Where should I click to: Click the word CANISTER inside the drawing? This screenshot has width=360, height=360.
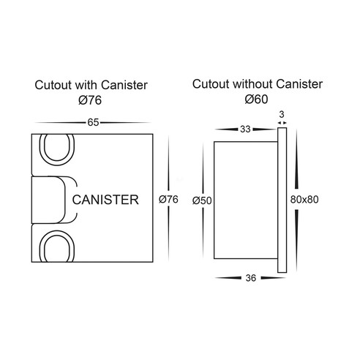coord(105,200)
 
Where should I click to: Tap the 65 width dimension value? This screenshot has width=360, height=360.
coord(93,122)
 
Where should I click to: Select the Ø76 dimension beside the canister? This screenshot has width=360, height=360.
coord(168,199)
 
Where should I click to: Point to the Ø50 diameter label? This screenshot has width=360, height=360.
coord(202,200)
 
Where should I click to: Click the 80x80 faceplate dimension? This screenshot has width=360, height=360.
coord(304,200)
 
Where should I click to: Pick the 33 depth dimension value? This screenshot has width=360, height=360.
coord(245,129)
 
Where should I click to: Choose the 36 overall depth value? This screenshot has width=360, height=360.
coord(251,278)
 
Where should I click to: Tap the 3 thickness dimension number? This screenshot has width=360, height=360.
coord(282,114)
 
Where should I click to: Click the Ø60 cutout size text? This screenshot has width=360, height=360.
coord(256,99)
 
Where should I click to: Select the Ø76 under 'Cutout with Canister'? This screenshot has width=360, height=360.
coord(90,100)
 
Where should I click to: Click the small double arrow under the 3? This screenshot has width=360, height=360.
coord(282,123)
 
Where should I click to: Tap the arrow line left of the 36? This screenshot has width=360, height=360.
coord(228,278)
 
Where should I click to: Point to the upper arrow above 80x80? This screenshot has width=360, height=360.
coord(296,159)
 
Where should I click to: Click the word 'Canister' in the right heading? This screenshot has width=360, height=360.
coord(299,84)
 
